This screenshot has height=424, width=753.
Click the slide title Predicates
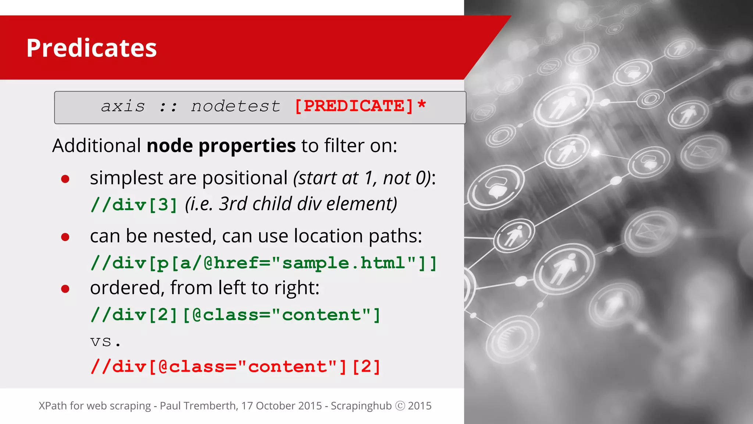pos(92,48)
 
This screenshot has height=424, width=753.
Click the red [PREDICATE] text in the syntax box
pos(354,106)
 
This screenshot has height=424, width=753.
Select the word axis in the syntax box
pos(123,107)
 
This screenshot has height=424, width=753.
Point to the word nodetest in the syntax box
pos(235,107)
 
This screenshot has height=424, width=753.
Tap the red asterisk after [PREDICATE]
pos(422,105)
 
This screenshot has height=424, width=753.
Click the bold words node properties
pos(221,146)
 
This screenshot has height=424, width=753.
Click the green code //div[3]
pos(134,205)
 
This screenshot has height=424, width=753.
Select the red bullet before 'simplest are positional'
pos(65,179)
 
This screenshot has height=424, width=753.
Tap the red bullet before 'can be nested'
pos(65,237)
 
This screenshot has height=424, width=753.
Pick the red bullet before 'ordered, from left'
pos(65,289)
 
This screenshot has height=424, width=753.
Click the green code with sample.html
pos(264,263)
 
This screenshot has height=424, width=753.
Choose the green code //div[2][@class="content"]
pos(235,315)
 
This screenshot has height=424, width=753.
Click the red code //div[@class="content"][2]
pos(235,367)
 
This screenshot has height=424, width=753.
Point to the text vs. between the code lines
pos(105,342)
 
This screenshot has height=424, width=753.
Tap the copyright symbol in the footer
pos(400,406)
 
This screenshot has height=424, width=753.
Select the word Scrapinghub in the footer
pos(361,406)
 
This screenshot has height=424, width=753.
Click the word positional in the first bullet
pos(245,178)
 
